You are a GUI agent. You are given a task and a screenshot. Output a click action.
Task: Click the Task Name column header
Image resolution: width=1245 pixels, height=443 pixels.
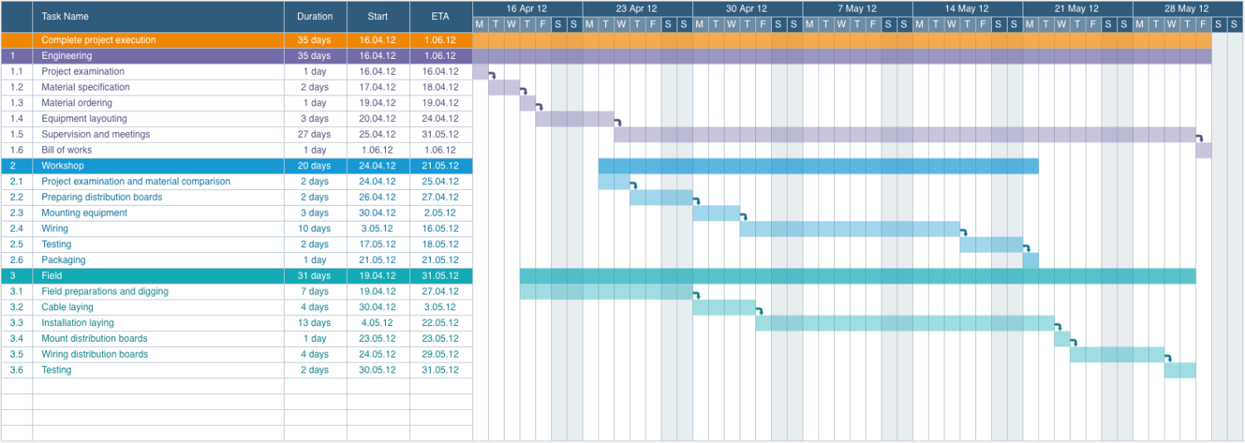65,17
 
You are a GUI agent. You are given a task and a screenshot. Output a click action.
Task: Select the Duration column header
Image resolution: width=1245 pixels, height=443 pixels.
315,17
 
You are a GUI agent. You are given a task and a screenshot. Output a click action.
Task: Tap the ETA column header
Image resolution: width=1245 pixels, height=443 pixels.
440,17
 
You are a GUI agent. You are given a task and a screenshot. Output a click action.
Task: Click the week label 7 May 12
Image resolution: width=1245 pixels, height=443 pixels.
857,8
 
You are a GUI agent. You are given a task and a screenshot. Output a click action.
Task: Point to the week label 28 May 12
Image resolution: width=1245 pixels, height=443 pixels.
1186,8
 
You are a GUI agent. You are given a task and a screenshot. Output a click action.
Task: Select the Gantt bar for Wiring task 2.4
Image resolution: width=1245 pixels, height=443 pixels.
849,229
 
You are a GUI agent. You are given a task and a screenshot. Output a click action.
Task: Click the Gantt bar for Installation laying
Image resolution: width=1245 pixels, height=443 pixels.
904,323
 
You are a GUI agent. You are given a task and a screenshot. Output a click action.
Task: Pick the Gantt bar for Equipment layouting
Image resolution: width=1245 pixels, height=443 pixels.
574,119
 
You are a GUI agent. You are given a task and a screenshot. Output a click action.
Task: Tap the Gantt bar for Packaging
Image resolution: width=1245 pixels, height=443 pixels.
1030,260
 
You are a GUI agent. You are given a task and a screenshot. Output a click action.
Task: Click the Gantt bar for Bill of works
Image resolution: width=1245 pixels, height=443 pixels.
1203,150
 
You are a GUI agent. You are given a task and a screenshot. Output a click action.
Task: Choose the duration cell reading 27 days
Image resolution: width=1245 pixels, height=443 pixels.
315,134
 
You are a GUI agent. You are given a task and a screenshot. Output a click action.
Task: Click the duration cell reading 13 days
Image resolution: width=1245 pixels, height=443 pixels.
315,323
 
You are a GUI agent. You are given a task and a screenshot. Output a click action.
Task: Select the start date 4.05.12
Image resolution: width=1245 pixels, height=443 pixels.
378,323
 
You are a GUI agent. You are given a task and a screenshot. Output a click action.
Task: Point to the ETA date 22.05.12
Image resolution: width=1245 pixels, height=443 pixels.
440,323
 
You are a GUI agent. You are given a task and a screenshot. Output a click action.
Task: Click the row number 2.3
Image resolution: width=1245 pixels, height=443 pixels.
17,213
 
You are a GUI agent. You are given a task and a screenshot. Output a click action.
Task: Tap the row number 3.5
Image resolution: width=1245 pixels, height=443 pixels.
17,354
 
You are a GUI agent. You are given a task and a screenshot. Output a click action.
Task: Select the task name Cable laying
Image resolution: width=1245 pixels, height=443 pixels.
67,307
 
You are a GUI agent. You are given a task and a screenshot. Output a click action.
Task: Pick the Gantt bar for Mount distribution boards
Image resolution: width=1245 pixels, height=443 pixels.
1062,338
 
